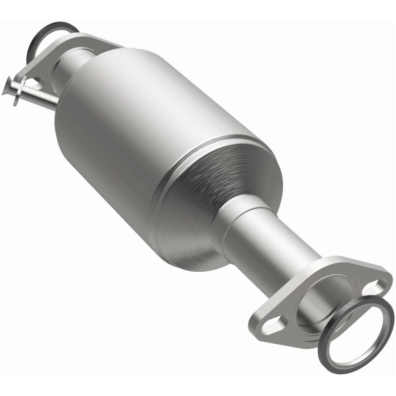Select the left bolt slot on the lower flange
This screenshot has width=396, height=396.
[x=270, y=325]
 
